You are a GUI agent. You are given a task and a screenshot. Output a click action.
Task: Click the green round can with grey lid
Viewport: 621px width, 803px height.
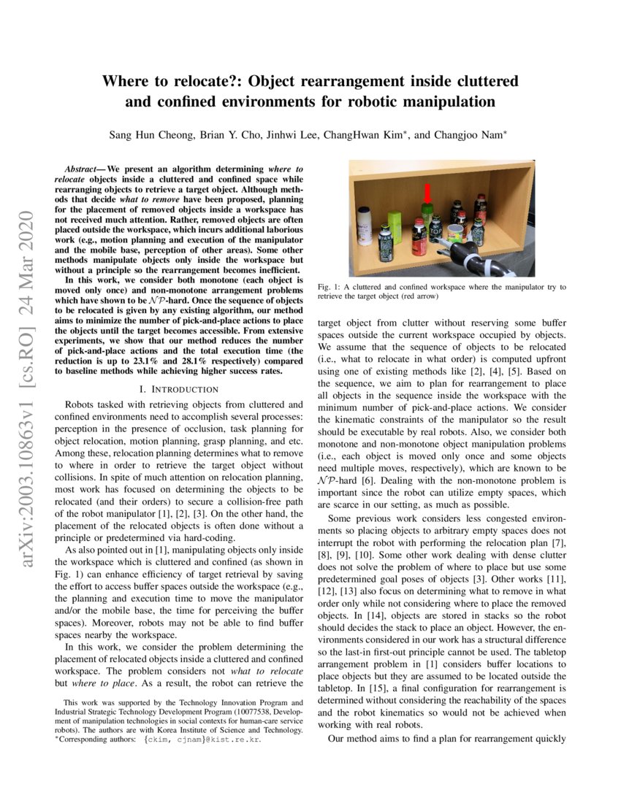point(455,234)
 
